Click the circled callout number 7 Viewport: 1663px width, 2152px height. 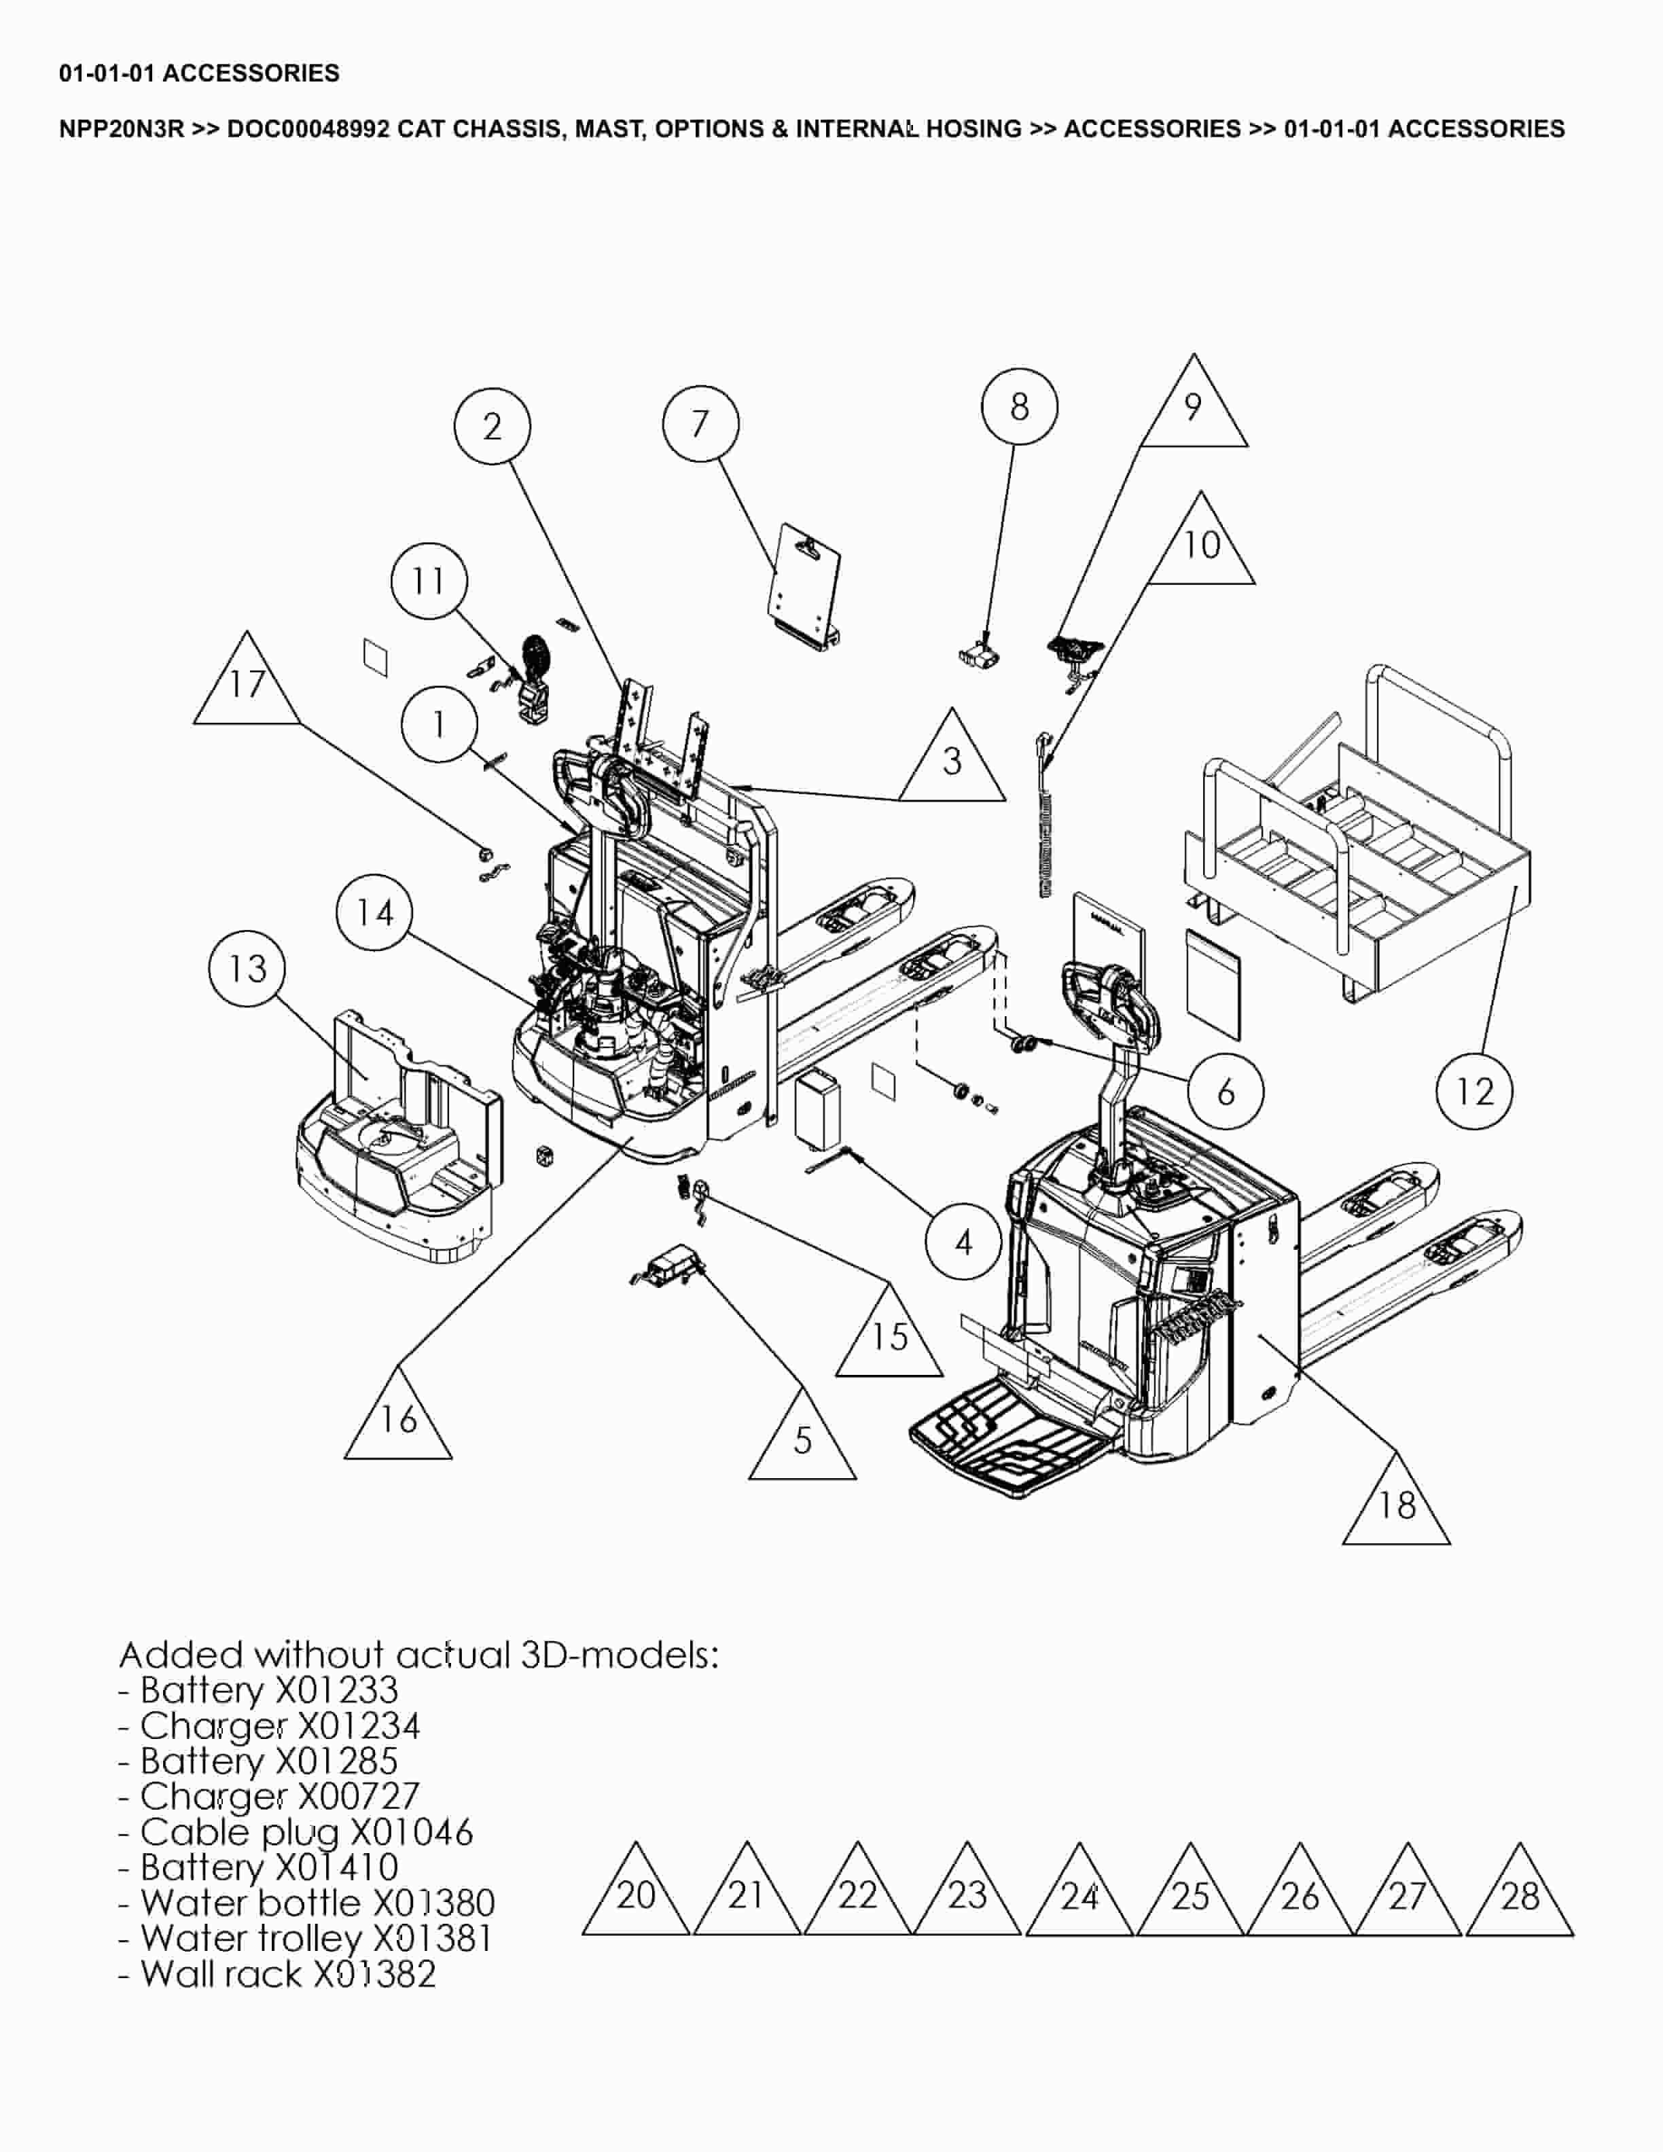pyautogui.click(x=700, y=425)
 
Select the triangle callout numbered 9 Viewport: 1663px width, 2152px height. pyautogui.click(x=1193, y=409)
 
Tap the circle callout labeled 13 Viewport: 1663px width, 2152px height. pyautogui.click(x=247, y=969)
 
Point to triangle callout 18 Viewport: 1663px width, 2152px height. pyautogui.click(x=1396, y=1505)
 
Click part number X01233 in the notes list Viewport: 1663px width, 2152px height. pyautogui.click(x=336, y=1690)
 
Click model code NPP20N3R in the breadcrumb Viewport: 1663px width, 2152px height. pyautogui.click(x=121, y=129)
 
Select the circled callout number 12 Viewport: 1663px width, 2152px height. pyautogui.click(x=1475, y=1091)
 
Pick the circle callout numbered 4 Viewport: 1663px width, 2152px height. pyautogui.click(x=963, y=1242)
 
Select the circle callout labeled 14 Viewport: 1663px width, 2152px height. pyautogui.click(x=374, y=914)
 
